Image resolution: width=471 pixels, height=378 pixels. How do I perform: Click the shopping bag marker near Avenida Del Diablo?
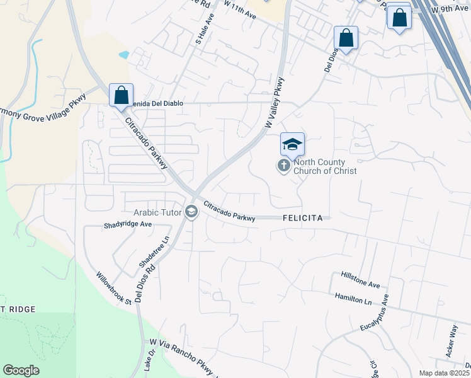click(121, 96)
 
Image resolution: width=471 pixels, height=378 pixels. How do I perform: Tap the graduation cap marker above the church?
click(292, 145)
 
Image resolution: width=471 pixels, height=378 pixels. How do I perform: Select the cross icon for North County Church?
click(284, 166)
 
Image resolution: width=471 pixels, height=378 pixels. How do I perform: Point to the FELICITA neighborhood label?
click(302, 218)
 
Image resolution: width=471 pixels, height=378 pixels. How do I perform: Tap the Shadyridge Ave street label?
click(128, 224)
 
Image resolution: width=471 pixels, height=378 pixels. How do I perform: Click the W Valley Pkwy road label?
click(275, 102)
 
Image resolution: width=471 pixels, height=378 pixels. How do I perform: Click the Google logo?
click(21, 370)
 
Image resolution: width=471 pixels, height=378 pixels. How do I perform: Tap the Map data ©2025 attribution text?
click(444, 373)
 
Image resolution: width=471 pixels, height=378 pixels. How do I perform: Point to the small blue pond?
click(123, 55)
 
